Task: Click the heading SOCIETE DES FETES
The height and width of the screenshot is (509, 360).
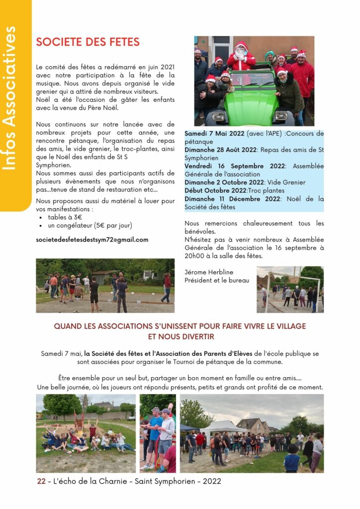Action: point(88,42)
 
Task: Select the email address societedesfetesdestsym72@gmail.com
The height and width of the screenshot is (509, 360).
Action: point(92,240)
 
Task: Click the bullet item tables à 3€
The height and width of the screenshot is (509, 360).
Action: point(65,217)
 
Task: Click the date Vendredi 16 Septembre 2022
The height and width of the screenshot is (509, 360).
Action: point(235,166)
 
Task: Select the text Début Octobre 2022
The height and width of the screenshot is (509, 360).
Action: point(215,190)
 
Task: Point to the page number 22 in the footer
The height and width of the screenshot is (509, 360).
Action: point(41,481)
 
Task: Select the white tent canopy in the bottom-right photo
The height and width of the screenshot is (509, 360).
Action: point(223,426)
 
